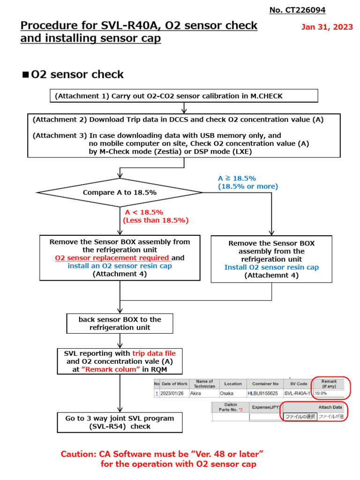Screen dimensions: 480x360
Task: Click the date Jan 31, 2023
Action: [327, 27]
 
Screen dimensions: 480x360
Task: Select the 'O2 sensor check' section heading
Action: [77, 75]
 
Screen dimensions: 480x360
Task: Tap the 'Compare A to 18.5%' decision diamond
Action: [120, 192]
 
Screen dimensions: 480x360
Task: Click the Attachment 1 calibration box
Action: [184, 96]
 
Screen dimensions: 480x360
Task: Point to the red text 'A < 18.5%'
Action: [144, 212]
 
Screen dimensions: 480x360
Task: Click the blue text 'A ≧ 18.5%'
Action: [237, 179]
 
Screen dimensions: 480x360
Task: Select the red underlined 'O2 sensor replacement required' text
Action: [112, 258]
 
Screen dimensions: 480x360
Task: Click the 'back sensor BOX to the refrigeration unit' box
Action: [120, 323]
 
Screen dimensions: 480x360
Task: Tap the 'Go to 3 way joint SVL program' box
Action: [120, 422]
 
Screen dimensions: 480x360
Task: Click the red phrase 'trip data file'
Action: [157, 353]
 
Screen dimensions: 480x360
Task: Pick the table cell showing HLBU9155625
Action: [262, 394]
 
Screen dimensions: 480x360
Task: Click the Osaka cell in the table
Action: [227, 394]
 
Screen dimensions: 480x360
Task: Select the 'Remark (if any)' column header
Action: [330, 383]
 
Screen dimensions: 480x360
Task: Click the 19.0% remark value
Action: [321, 394]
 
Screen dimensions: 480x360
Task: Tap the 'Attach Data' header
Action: [330, 407]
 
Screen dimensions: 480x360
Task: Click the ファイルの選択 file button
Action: [300, 416]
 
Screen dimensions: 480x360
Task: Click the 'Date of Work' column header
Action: [174, 384]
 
